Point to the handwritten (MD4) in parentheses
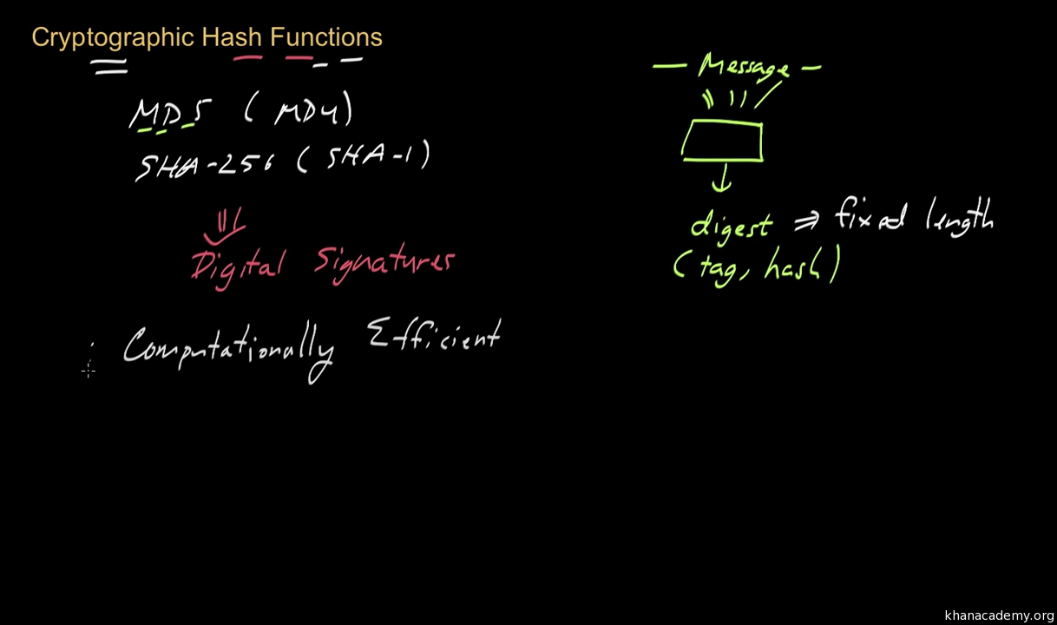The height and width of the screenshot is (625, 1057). coord(299,112)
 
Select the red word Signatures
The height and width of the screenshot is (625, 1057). coord(384,261)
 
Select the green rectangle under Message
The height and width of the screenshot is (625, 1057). coord(722,141)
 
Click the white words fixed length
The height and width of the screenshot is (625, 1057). coord(914,216)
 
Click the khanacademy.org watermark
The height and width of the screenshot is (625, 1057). coord(999,615)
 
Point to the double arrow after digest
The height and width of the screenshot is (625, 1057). coord(806,223)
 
